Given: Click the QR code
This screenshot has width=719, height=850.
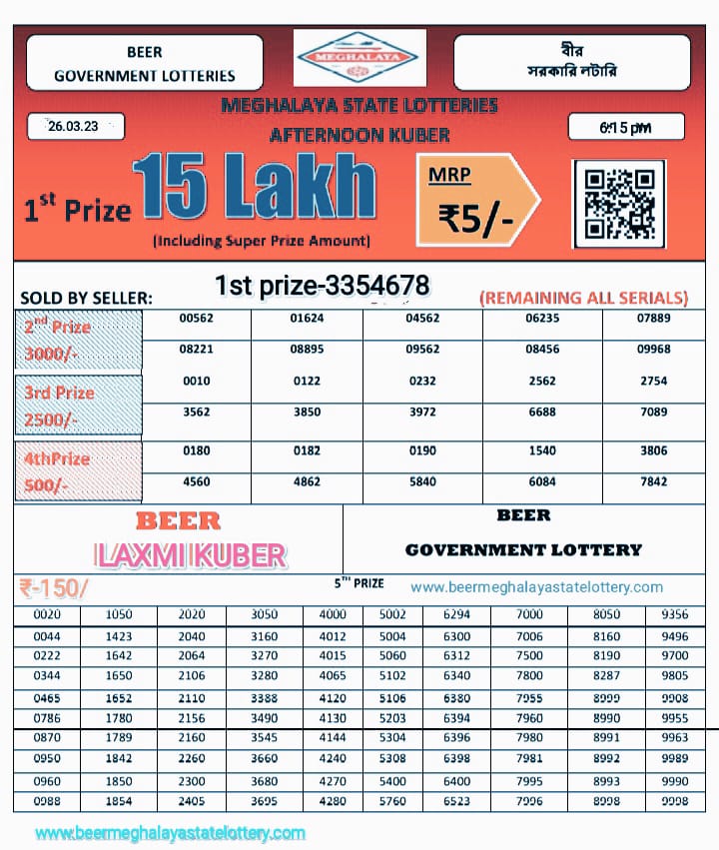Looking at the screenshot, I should pyautogui.click(x=620, y=204).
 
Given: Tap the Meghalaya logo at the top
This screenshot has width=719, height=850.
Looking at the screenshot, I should pyautogui.click(x=360, y=57).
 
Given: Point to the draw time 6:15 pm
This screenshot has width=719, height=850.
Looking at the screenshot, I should pyautogui.click(x=626, y=128).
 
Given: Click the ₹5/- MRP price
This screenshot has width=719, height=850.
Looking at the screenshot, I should pyautogui.click(x=476, y=217).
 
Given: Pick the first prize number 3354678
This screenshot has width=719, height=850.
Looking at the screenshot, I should pyautogui.click(x=323, y=286).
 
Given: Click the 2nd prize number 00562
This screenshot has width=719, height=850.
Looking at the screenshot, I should pyautogui.click(x=197, y=319).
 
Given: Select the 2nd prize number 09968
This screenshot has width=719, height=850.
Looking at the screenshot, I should pyautogui.click(x=653, y=350).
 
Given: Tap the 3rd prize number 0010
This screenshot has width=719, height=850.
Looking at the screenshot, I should pyautogui.click(x=197, y=382).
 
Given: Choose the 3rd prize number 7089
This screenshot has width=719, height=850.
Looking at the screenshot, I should pyautogui.click(x=653, y=412).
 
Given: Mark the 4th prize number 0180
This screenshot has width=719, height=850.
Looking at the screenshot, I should pyautogui.click(x=197, y=451).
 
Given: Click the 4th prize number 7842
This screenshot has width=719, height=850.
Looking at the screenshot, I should pyautogui.click(x=653, y=481).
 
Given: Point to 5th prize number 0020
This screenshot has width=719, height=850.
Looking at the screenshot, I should pyautogui.click(x=47, y=614).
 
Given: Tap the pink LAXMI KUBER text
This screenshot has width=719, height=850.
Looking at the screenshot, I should pyautogui.click(x=190, y=555).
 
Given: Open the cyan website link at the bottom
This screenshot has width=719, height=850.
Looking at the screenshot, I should pyautogui.click(x=171, y=832).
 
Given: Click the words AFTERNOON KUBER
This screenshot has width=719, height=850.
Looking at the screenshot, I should pyautogui.click(x=359, y=135).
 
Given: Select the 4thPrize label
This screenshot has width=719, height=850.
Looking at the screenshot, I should pyautogui.click(x=58, y=458).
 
